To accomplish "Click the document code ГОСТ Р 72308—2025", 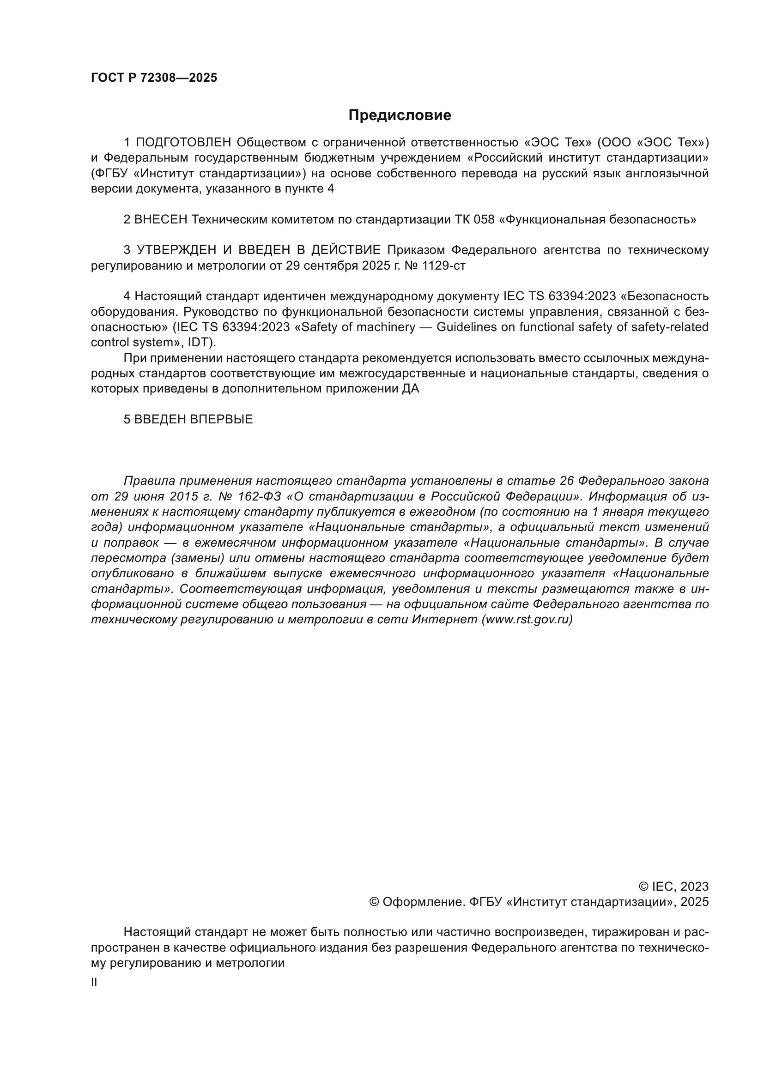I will coord(154,78).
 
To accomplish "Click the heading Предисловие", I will coord(400,115).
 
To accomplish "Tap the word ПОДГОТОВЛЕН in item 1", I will coord(183,142).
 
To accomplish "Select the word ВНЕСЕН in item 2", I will coord(161,220).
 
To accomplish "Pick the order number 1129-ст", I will coord(443,266).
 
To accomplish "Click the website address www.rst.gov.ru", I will coord(527,620).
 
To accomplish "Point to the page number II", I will coord(94,983).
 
